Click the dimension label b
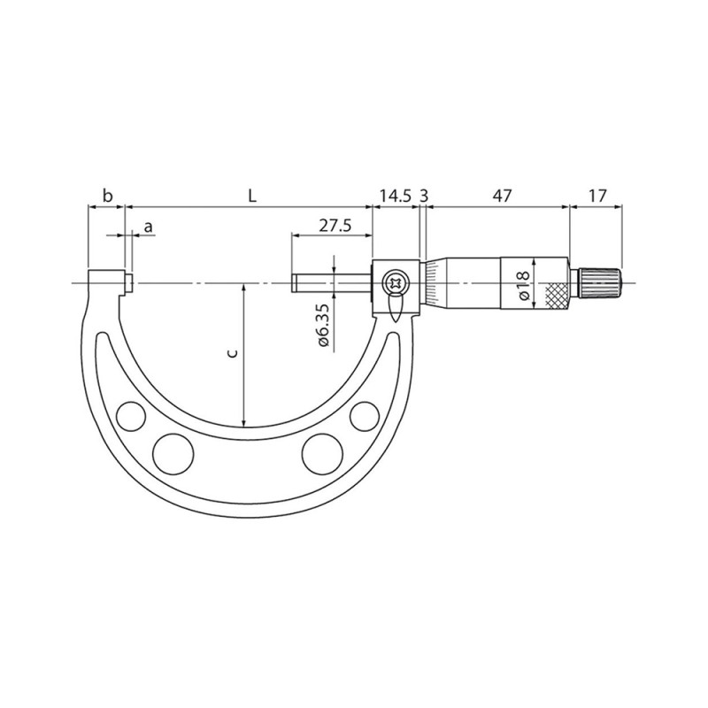coord(106,195)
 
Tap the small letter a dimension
coord(148,227)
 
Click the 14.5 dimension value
coord(395,195)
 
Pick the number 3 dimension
coord(425,195)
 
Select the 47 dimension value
coord(502,195)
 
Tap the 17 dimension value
coord(597,195)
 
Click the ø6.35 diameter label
coord(322,324)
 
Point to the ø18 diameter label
coord(523,283)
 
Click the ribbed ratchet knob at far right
coord(601,283)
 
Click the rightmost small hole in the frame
coord(363,414)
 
